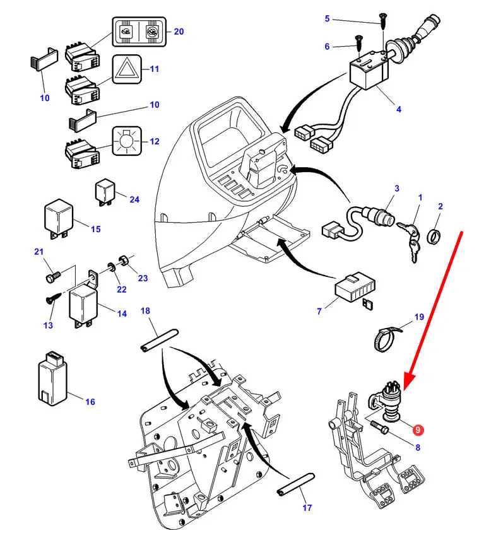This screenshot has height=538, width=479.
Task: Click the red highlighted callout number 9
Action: click(417, 430)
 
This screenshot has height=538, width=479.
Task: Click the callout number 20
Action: click(179, 32)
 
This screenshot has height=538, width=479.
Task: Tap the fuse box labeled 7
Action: click(354, 289)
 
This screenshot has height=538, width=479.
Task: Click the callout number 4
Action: click(398, 110)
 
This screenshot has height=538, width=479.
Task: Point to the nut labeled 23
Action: click(125, 260)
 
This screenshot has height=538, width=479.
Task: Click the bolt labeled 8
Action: click(381, 431)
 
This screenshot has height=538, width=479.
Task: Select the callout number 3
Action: click(396, 188)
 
